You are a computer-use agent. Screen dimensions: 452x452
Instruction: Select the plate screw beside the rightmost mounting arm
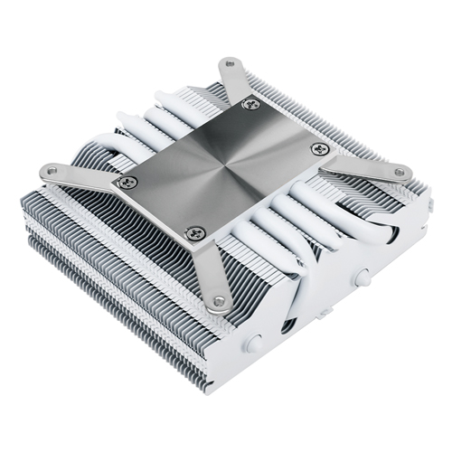[x=316, y=148]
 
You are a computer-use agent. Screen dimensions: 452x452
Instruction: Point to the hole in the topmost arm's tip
[x=230, y=63]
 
